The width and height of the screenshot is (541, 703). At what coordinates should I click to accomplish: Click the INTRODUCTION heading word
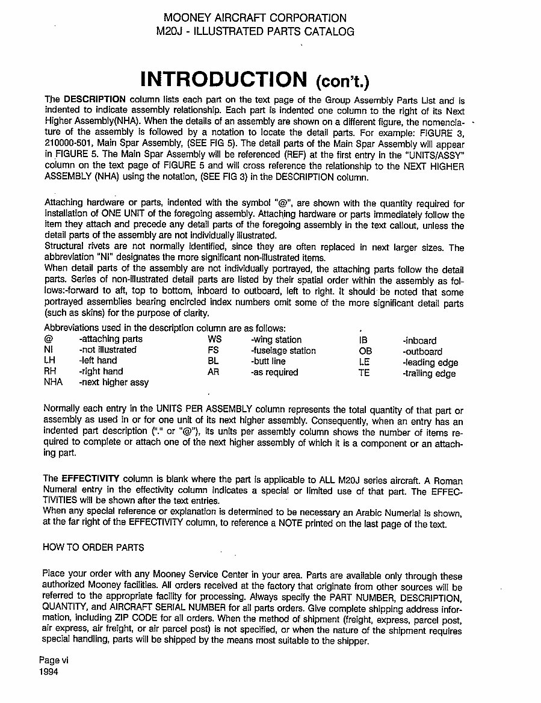click(x=223, y=79)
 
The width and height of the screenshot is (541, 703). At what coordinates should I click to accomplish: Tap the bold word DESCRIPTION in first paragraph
click(x=94, y=99)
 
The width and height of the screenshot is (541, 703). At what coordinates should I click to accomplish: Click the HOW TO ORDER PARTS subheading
click(x=94, y=547)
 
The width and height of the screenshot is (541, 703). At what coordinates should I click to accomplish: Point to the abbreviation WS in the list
click(x=214, y=339)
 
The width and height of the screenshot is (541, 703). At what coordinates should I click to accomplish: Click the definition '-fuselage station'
click(x=283, y=350)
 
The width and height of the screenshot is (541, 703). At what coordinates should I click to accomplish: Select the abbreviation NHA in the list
click(x=54, y=382)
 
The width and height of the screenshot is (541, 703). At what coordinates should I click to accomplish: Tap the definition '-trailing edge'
click(x=429, y=373)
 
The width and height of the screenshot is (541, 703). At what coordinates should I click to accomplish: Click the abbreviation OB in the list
click(x=365, y=351)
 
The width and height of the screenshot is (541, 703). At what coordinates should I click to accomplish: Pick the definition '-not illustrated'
click(x=107, y=349)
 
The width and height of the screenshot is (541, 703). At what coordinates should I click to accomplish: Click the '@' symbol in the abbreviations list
click(x=48, y=339)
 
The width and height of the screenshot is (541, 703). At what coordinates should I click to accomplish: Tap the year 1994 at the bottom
click(x=49, y=672)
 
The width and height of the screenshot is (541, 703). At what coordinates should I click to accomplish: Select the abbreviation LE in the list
click(x=363, y=362)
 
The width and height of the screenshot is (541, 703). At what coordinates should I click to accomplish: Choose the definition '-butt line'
click(x=268, y=361)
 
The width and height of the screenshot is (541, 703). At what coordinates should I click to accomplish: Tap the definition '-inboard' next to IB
click(x=419, y=341)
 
